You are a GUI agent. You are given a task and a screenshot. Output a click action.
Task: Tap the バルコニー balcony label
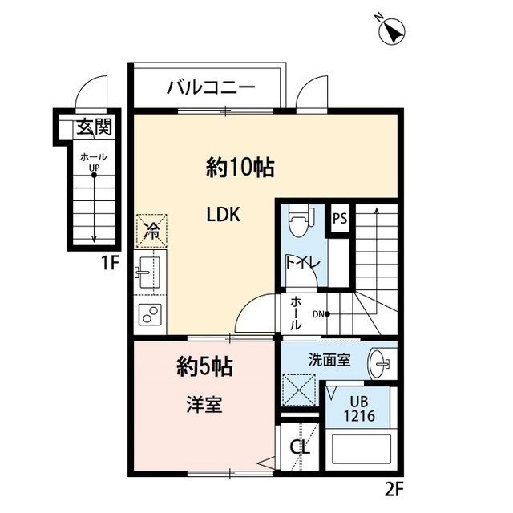(210, 87)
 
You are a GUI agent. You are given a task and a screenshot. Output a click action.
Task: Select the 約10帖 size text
(240, 168)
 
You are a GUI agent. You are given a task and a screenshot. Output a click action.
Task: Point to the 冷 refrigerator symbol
(151, 231)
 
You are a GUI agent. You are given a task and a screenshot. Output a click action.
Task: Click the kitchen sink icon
(147, 273)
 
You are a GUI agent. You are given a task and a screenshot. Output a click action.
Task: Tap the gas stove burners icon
(149, 316)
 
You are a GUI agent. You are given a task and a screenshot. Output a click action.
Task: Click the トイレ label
(303, 263)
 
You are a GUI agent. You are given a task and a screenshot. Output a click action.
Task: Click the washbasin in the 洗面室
(379, 365)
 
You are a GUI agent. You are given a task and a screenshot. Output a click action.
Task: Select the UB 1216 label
(358, 411)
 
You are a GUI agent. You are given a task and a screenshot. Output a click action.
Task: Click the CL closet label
(300, 447)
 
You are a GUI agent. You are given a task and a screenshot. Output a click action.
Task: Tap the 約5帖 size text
(204, 367)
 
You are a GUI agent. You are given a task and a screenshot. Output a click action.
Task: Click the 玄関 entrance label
(93, 127)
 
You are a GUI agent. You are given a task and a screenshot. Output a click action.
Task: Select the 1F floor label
(109, 261)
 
